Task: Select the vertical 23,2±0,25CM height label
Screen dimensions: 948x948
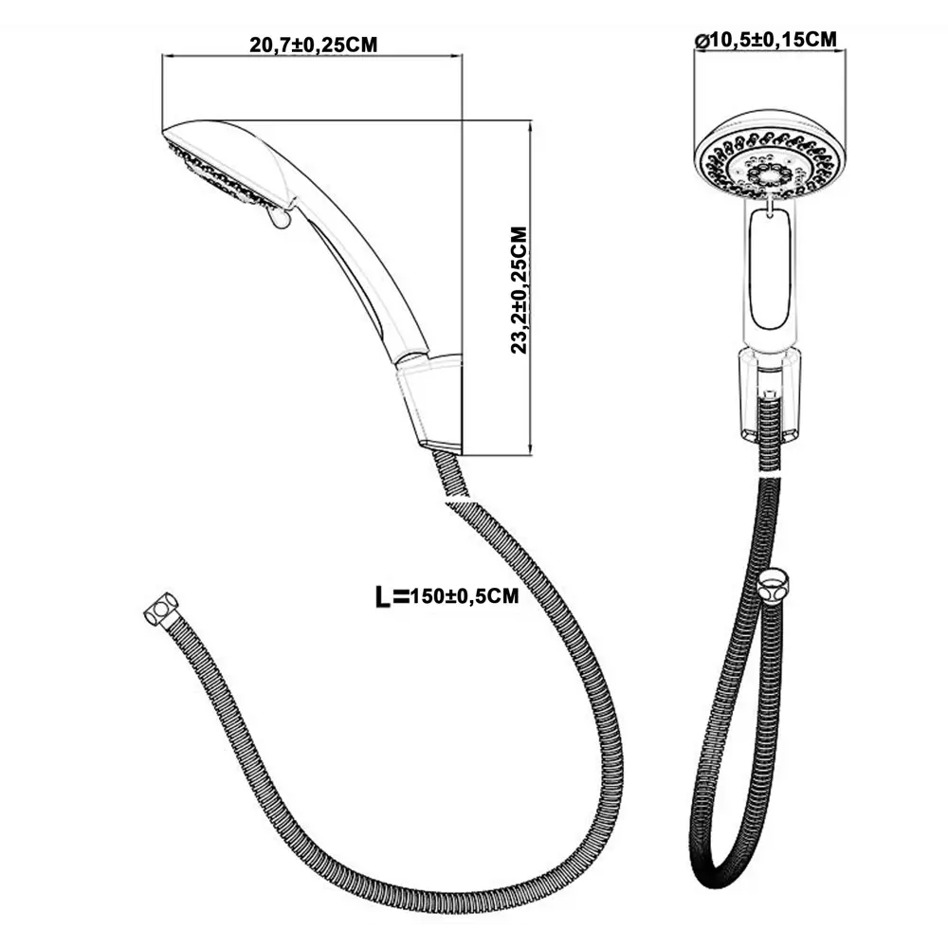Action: (x=520, y=289)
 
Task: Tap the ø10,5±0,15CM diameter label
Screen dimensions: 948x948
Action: (x=765, y=39)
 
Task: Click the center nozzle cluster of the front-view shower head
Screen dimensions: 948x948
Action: (x=765, y=173)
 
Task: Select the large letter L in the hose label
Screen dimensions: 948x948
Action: (x=384, y=596)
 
